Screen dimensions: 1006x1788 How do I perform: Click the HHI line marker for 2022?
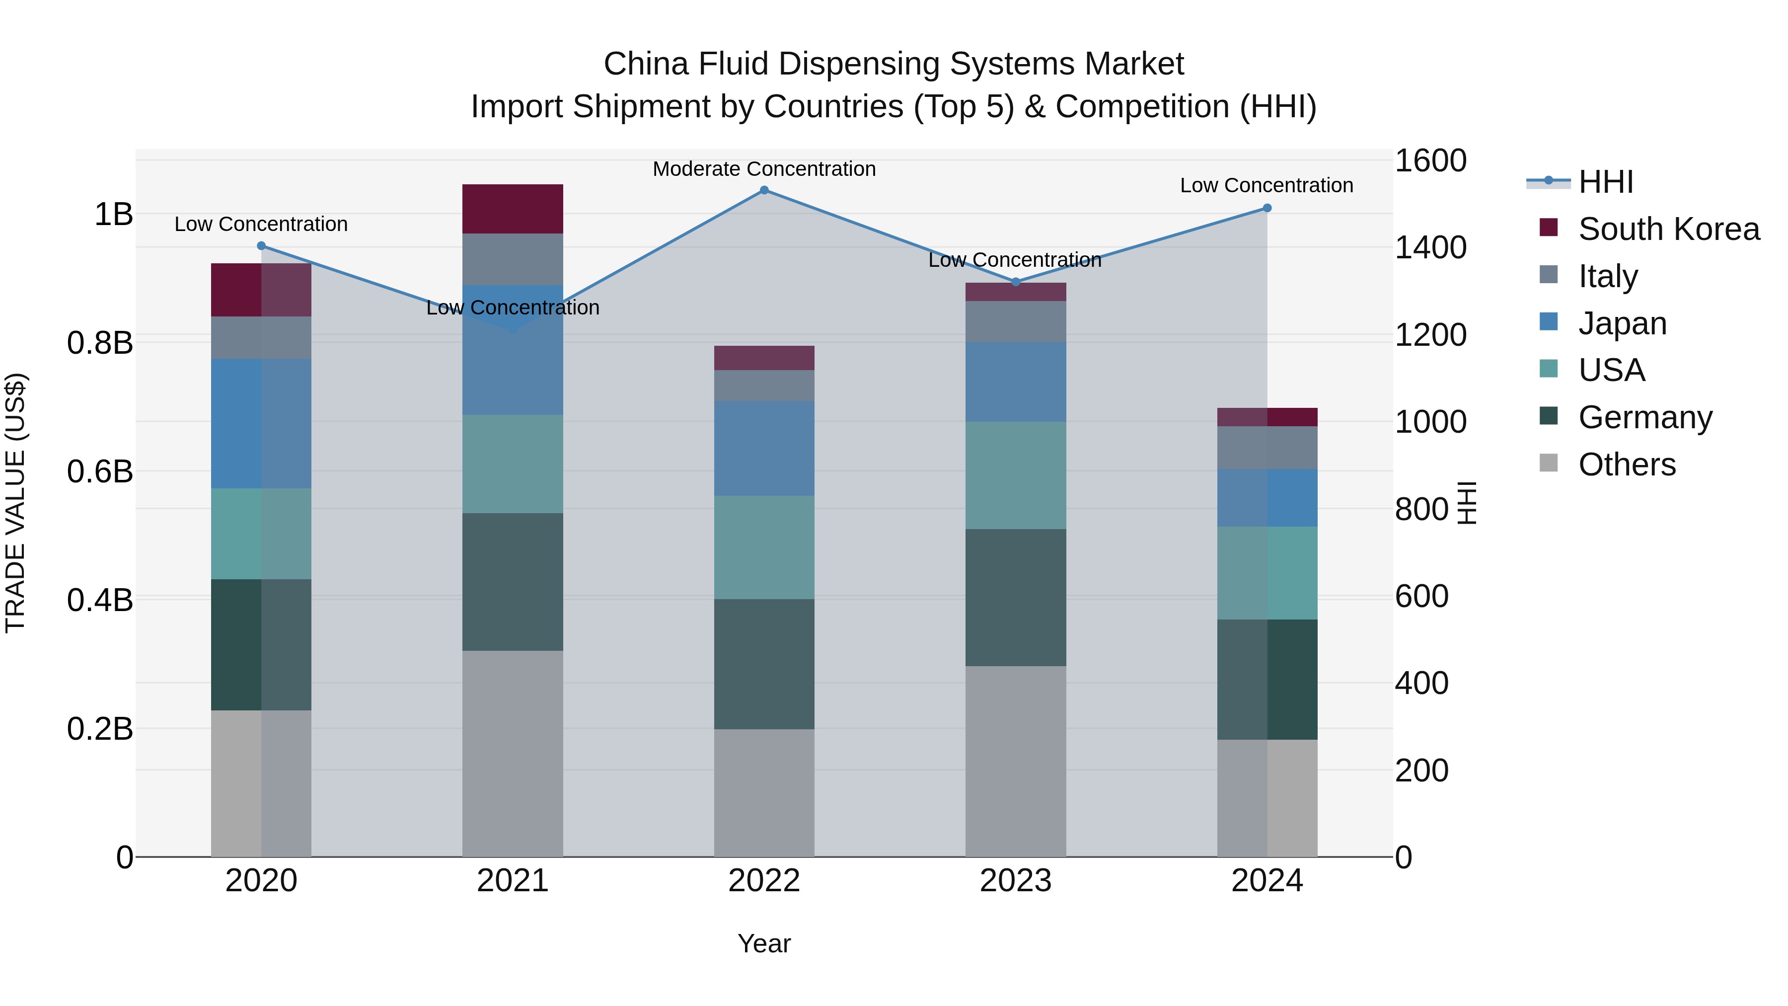click(764, 190)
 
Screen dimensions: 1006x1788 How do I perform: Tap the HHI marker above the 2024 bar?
click(1266, 208)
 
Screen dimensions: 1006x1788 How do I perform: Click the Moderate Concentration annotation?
click(764, 169)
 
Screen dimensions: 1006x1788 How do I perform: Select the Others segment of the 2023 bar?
click(1016, 761)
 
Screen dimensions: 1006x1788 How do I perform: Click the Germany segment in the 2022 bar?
click(764, 664)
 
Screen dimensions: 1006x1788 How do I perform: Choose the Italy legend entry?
click(1608, 276)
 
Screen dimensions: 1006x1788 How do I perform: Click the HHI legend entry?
click(1605, 182)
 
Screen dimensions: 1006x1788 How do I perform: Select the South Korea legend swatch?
click(1549, 228)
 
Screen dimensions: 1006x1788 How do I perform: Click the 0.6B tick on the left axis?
click(100, 472)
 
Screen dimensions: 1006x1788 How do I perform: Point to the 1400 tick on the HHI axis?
click(1430, 248)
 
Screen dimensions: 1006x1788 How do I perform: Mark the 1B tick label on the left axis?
click(113, 215)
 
